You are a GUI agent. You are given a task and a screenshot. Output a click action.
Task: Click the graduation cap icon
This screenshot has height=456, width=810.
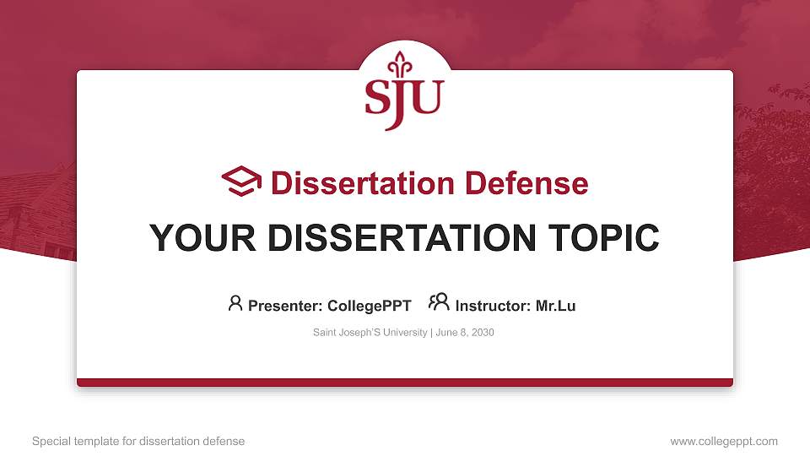click(242, 182)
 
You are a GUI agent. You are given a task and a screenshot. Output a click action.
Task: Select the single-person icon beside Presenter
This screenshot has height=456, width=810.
click(235, 303)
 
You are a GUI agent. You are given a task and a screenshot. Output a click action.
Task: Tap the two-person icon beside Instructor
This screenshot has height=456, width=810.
click(439, 302)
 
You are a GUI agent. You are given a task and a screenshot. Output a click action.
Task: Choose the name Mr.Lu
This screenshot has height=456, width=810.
click(556, 306)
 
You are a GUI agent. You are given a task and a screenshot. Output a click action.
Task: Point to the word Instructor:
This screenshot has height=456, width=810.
click(493, 306)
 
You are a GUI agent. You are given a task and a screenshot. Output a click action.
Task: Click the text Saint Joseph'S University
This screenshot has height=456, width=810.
click(370, 333)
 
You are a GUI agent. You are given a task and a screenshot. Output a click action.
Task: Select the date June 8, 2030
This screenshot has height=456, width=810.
click(465, 333)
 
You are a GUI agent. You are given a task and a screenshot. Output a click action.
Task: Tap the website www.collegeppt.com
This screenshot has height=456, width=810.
click(724, 441)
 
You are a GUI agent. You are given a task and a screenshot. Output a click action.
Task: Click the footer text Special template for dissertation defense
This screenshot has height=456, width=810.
click(138, 441)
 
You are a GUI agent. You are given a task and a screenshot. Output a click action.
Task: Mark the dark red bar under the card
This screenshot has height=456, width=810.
click(405, 383)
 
